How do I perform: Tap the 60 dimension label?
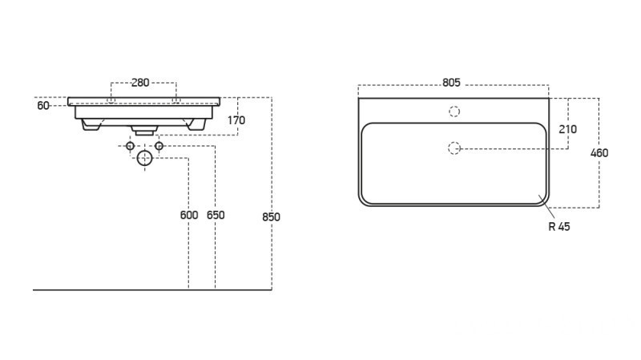[x=43, y=105]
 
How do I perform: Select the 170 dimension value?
[x=236, y=120]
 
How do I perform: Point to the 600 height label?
[x=188, y=215]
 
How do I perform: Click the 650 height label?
[x=216, y=215]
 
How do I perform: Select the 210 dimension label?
[x=569, y=129]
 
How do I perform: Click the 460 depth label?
[x=599, y=153]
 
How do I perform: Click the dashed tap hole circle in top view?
[x=454, y=111]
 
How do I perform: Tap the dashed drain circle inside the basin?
[x=454, y=148]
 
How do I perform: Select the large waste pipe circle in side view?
[x=145, y=157]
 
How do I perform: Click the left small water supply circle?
[x=131, y=146]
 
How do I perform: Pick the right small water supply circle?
[x=159, y=146]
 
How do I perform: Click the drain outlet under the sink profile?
[x=145, y=128]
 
